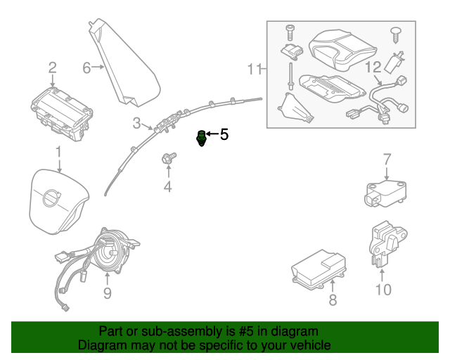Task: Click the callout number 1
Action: [59, 152]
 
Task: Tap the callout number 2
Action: [52, 68]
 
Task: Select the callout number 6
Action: [87, 68]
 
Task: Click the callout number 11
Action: [254, 69]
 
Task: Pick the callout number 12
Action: [372, 67]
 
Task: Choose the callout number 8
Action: [333, 300]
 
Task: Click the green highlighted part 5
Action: [201, 137]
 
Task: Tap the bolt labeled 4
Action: [169, 159]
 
